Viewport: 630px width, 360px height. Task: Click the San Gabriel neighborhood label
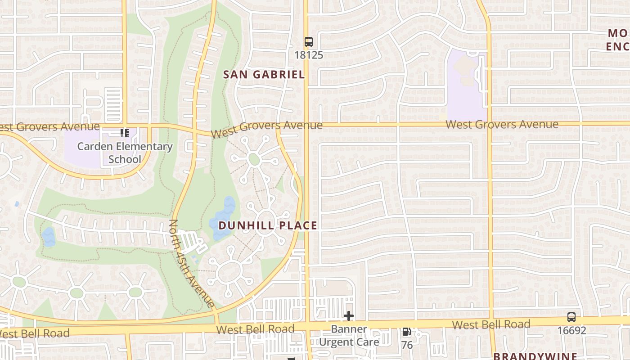[264, 75]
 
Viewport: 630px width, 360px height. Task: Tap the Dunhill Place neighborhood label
[268, 225]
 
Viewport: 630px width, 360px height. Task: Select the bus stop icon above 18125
[308, 42]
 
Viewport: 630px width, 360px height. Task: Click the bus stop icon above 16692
[571, 317]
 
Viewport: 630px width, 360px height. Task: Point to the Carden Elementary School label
[125, 153]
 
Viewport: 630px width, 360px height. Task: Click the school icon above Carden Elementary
[125, 133]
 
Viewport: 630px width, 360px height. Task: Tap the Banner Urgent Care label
[349, 336]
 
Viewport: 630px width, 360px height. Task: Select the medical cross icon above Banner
[348, 316]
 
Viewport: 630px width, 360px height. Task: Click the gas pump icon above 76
[406, 332]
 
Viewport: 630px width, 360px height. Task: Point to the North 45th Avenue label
[192, 263]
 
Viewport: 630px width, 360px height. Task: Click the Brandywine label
[535, 355]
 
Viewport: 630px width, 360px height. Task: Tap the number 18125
[308, 55]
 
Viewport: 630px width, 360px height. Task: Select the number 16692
[571, 331]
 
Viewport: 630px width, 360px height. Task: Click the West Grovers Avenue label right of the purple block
[502, 124]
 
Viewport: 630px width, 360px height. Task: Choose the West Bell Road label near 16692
[491, 324]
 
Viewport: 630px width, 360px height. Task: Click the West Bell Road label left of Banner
[255, 329]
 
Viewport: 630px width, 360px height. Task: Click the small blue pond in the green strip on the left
[48, 237]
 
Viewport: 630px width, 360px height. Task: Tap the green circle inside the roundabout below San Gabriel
[254, 159]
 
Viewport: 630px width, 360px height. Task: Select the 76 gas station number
[407, 345]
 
